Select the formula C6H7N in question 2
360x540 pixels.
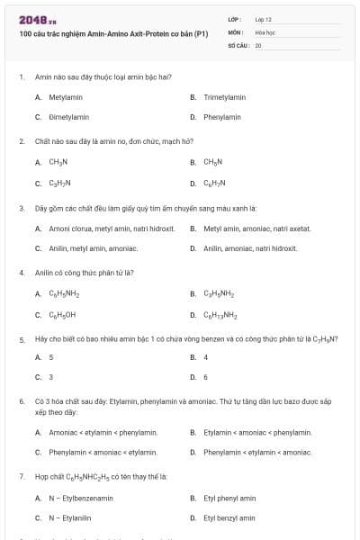213,183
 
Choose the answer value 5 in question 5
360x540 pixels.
50,357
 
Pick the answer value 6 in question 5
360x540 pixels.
205,377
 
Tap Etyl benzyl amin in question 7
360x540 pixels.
229,517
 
